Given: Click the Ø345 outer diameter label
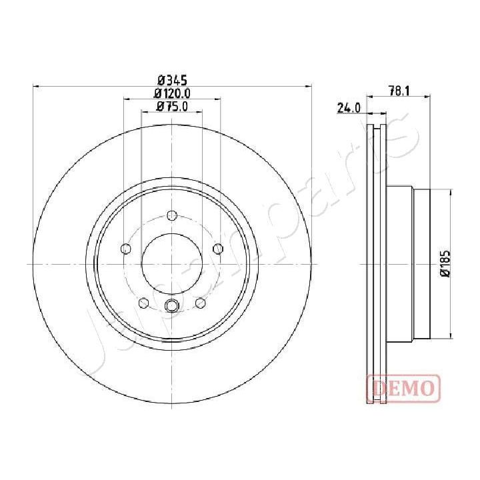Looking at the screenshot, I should point(172,79).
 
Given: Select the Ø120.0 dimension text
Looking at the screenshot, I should point(172,93).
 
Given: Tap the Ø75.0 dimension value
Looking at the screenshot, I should point(172,106).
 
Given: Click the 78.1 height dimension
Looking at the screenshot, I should point(399,91).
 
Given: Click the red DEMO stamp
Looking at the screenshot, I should point(403,387).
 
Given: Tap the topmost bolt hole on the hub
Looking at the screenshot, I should point(172,215).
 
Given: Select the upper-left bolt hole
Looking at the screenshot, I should point(125,249).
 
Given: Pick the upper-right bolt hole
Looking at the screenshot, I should point(217,249).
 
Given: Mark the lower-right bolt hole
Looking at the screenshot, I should point(200,304).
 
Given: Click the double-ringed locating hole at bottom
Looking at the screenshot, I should point(172,307).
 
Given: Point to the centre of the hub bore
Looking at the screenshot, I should point(172,264).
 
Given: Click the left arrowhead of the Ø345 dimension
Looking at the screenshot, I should point(35,86).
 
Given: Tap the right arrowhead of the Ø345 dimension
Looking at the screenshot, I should point(309,86).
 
